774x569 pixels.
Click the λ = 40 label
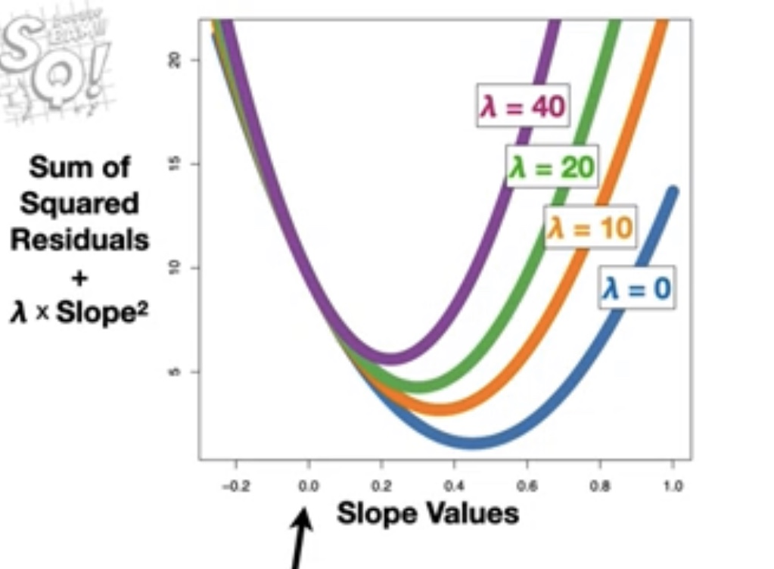[x=523, y=107]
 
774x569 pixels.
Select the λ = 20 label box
[x=552, y=167]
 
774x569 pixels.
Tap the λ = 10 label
[x=590, y=228]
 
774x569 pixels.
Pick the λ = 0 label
[x=636, y=288]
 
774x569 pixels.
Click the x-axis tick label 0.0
[x=309, y=487]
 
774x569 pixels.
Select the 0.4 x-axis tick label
[x=454, y=487]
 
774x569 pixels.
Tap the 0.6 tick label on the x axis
[x=527, y=487]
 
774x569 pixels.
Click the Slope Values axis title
[x=427, y=514]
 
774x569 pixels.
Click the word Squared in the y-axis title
[x=79, y=204]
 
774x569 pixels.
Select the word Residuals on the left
[x=79, y=240]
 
